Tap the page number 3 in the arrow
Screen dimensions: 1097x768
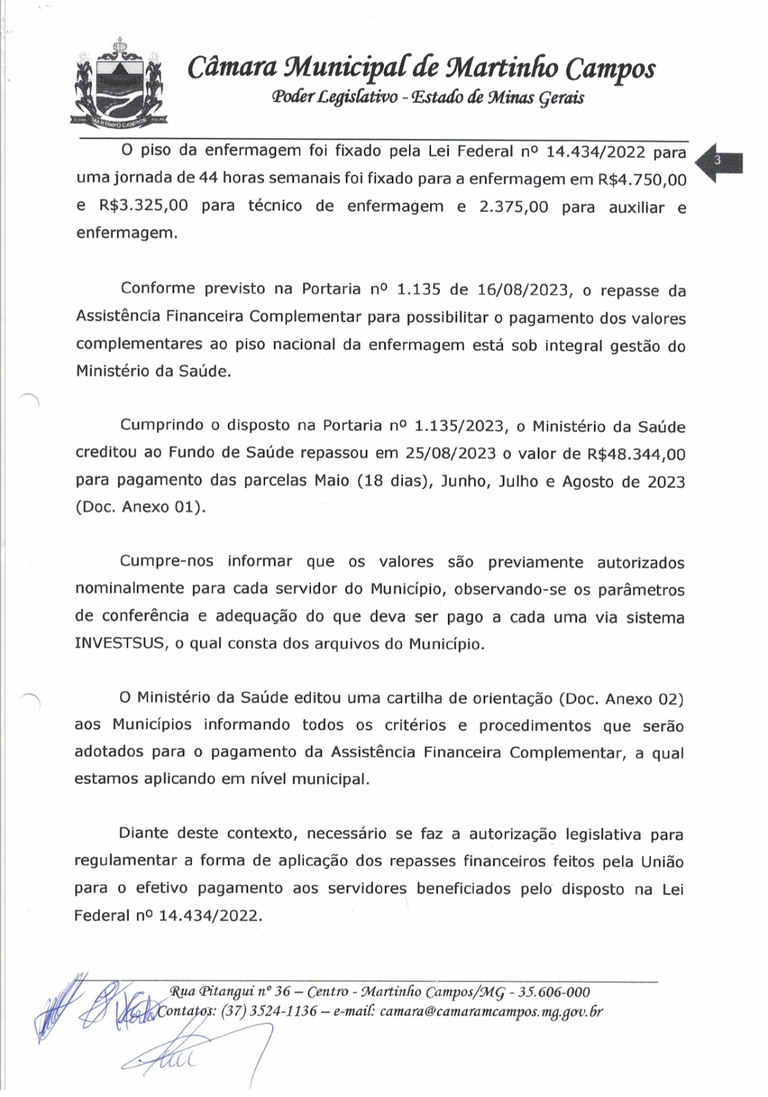(717, 160)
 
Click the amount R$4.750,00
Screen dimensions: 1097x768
(642, 180)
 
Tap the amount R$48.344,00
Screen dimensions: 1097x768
(636, 454)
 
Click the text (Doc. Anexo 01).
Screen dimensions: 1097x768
(140, 507)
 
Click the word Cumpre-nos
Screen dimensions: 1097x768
(166, 562)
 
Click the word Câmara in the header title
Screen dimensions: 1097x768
(232, 68)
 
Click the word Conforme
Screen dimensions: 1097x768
(157, 289)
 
